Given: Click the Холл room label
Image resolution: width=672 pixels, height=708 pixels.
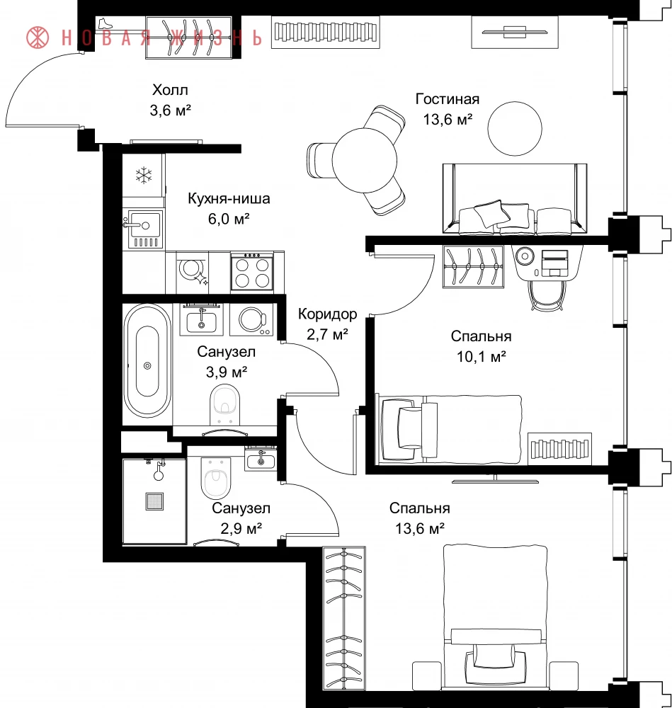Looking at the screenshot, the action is [x=170, y=90].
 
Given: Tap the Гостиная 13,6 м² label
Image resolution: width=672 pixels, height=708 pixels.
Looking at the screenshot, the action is [x=448, y=109].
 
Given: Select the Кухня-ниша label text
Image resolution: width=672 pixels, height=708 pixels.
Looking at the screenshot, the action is [x=229, y=199].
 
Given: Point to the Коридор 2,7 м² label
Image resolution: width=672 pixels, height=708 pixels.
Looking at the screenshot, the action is [x=327, y=324].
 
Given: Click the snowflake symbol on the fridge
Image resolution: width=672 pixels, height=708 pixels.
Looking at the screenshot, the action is [x=144, y=175].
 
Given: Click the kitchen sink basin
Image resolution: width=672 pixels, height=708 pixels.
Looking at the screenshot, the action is [x=144, y=224].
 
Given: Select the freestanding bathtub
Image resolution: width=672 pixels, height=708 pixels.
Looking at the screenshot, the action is [x=147, y=360].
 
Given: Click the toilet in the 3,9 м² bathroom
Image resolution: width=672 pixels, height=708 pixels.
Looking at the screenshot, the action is [x=225, y=404].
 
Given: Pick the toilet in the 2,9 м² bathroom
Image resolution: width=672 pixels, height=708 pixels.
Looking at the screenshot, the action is [x=215, y=477].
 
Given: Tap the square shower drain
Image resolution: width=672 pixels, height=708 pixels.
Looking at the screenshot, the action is [x=154, y=501].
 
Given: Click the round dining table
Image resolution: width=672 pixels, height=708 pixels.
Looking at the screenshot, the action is [x=365, y=160].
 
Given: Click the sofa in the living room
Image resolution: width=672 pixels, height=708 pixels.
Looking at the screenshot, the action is [x=515, y=199].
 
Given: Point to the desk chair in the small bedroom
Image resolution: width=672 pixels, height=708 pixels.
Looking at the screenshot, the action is [x=547, y=295].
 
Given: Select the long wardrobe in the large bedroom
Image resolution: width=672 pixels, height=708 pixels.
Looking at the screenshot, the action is [x=344, y=618].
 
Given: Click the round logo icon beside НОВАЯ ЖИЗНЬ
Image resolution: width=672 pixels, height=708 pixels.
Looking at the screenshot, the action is [x=38, y=38].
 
